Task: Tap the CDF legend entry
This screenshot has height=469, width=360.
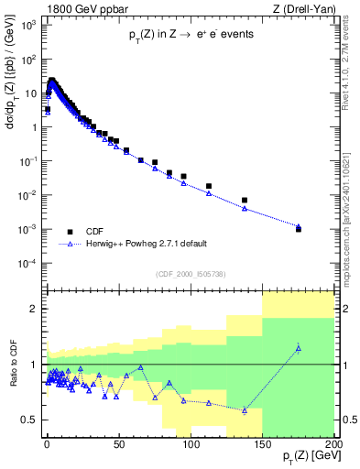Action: click(x=96, y=232)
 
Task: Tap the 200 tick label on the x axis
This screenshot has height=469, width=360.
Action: click(x=333, y=442)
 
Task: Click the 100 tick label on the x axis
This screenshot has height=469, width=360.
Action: click(x=191, y=442)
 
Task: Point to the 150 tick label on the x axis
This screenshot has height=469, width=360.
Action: click(x=262, y=442)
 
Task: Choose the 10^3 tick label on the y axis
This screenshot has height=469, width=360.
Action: click(x=28, y=25)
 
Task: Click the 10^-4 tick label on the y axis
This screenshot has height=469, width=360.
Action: click(x=28, y=264)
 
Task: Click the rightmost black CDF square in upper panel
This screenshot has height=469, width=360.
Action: click(x=298, y=229)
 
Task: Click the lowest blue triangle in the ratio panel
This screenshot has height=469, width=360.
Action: click(x=245, y=410)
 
